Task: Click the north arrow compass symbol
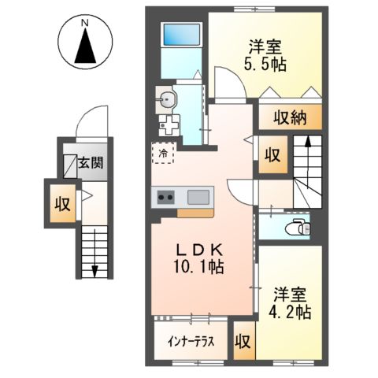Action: pos(85,46)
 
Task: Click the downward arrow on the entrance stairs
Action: pos(94,268)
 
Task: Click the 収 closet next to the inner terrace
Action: pos(243,343)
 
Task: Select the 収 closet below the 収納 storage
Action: pos(272,154)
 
